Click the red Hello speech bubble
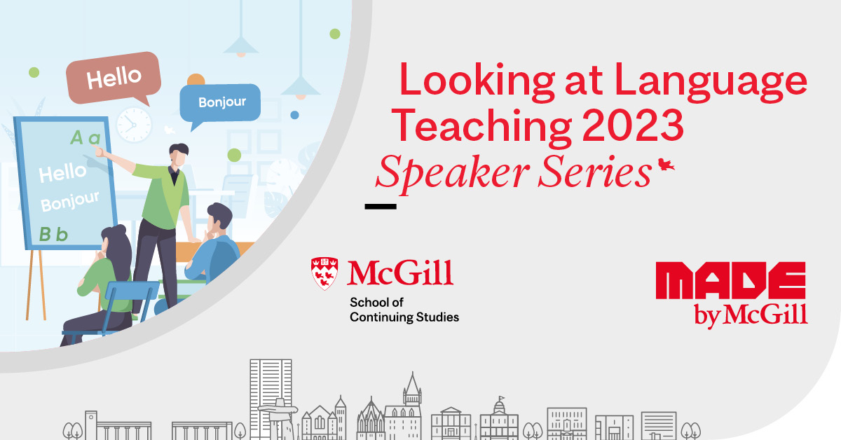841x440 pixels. pyautogui.click(x=114, y=78)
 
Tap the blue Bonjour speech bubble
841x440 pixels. pyautogui.click(x=220, y=103)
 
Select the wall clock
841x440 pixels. pyautogui.click(x=134, y=125)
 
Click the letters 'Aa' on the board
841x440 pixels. pyautogui.click(x=86, y=138)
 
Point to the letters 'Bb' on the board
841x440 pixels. pyautogui.click(x=54, y=234)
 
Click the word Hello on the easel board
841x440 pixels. pyautogui.click(x=62, y=172)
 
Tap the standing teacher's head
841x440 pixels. pyautogui.click(x=178, y=154)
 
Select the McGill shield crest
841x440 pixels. pyautogui.click(x=324, y=273)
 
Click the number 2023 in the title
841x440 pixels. pyautogui.click(x=633, y=125)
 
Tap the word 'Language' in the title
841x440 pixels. pyautogui.click(x=711, y=82)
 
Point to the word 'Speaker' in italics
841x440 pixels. pyautogui.click(x=453, y=172)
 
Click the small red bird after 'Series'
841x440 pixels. pyautogui.click(x=666, y=165)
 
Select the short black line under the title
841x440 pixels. pyautogui.click(x=381, y=207)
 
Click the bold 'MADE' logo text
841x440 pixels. pyautogui.click(x=730, y=280)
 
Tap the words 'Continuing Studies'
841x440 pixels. pyautogui.click(x=404, y=317)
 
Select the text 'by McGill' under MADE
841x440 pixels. pyautogui.click(x=751, y=315)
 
